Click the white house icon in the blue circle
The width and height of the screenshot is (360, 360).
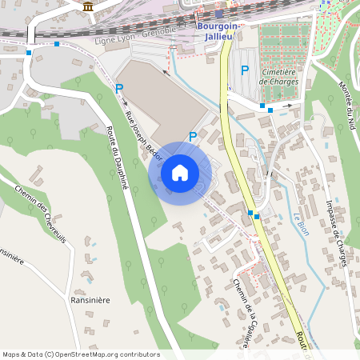point(180,172)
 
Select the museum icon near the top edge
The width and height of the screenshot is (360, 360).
point(87,7)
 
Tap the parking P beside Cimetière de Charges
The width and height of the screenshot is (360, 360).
point(245,70)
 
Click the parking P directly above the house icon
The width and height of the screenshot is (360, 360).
point(193,137)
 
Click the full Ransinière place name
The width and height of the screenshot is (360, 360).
point(89,300)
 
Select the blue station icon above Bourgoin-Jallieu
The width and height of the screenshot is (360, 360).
point(218,14)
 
